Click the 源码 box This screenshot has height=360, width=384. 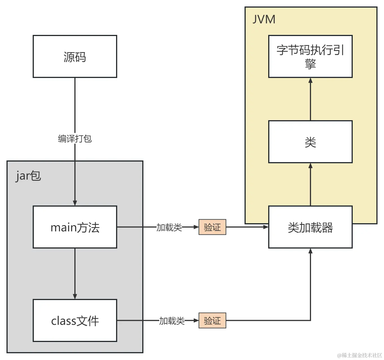point(75,57)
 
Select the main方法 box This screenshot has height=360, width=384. point(75,227)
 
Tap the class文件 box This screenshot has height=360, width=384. point(75,321)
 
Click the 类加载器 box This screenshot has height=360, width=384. point(310,227)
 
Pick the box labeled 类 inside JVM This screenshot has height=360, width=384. point(310,142)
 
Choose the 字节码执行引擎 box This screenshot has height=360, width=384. point(310,57)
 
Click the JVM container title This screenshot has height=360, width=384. point(264,19)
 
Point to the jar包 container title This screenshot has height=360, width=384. point(28,176)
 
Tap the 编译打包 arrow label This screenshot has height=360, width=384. point(75,139)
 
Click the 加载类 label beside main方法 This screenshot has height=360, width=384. point(169,227)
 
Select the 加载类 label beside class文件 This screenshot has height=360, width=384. point(172,321)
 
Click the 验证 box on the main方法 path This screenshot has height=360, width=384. point(212,227)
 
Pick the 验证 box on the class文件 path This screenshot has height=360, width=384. point(212,321)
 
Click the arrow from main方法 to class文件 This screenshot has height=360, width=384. point(75,273)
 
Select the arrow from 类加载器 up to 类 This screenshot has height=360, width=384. point(310,186)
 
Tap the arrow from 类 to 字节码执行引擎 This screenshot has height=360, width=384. point(310,100)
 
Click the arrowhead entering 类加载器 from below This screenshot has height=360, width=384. point(310,251)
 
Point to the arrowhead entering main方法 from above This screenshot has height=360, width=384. point(75,203)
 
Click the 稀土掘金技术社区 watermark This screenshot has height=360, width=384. point(359,355)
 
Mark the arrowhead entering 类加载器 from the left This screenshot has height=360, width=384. point(266,227)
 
